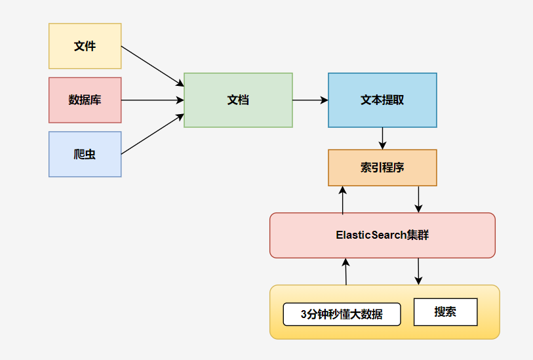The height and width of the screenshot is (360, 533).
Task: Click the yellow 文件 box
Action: (85, 46)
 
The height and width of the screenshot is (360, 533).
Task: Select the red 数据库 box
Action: (85, 100)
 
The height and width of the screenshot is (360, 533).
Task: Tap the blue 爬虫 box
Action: (85, 154)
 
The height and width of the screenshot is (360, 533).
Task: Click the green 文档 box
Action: (238, 100)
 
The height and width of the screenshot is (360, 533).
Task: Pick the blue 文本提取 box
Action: (382, 100)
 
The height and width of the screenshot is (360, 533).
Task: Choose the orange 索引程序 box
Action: (382, 167)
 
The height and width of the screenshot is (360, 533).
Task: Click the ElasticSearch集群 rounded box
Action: (382, 235)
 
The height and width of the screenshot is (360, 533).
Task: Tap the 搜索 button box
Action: (445, 312)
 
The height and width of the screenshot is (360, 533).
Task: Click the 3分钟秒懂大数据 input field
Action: (342, 314)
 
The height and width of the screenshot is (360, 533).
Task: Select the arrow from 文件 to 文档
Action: (153, 66)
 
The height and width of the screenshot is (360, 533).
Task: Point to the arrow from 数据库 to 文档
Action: (153, 100)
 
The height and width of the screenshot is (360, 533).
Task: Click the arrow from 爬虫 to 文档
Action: (153, 134)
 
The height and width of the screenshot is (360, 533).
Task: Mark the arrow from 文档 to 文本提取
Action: (310, 100)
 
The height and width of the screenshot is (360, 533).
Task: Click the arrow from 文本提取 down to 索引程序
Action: (382, 138)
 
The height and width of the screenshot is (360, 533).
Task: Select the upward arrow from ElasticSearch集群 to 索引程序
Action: (342, 200)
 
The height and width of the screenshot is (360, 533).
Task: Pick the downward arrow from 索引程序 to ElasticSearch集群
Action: (419, 199)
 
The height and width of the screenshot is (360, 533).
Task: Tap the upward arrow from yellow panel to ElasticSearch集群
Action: (345, 271)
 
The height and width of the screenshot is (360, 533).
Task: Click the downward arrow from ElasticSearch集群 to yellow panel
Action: (418, 271)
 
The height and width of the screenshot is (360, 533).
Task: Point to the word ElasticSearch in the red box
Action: (370, 235)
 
